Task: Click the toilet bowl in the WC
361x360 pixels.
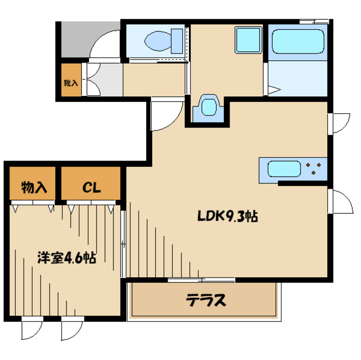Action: (158, 41)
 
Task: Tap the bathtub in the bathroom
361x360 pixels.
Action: (298, 42)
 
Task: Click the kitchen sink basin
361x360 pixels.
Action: (284, 169)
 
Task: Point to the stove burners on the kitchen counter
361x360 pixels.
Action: (313, 168)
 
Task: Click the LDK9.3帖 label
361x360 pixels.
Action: (228, 216)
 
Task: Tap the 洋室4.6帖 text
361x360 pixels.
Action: (67, 258)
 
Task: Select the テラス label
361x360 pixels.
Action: (206, 300)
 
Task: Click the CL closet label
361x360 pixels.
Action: (91, 188)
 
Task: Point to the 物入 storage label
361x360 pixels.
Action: (34, 188)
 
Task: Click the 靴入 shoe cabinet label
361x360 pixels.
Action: (71, 83)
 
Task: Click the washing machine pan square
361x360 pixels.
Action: (248, 40)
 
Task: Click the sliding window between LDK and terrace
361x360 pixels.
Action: (201, 280)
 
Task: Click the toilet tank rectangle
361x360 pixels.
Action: (177, 41)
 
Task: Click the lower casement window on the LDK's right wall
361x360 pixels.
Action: (340, 201)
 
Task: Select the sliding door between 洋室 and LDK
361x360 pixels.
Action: (124, 244)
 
